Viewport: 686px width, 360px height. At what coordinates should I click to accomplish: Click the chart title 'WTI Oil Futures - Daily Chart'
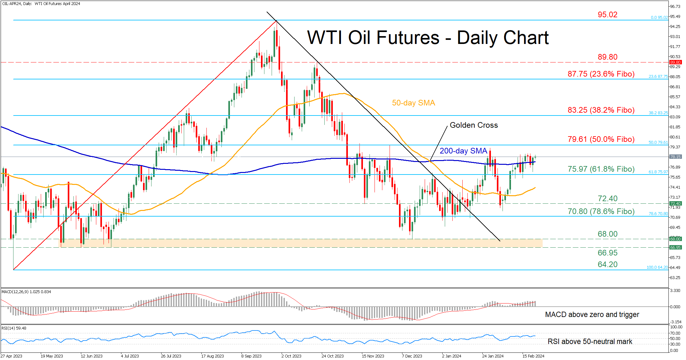(428, 38)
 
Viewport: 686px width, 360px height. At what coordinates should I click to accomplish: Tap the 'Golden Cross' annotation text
(474, 125)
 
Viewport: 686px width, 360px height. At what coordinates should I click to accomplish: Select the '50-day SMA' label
(413, 103)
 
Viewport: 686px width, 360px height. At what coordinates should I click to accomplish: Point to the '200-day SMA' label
(463, 151)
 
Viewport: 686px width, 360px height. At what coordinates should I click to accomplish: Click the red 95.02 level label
(607, 15)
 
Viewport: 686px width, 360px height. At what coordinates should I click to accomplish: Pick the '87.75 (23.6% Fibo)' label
(601, 74)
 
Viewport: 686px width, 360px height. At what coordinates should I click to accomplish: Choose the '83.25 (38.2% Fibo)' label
(601, 110)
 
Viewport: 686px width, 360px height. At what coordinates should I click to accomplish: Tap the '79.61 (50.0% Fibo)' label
(601, 139)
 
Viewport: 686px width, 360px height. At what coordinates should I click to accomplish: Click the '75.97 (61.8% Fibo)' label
(601, 169)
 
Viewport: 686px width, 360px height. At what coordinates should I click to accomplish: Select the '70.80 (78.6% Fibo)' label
(601, 212)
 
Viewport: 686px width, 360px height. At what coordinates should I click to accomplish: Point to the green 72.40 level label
(607, 199)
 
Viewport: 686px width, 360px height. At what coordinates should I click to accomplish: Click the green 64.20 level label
(607, 265)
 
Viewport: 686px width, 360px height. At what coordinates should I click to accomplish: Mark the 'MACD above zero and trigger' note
(592, 314)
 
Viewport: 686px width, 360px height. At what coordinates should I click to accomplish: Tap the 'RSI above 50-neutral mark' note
(590, 341)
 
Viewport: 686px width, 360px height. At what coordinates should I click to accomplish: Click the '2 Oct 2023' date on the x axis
(291, 356)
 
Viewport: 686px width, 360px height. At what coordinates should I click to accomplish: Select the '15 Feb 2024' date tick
(533, 356)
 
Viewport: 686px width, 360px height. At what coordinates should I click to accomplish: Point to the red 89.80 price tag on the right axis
(675, 62)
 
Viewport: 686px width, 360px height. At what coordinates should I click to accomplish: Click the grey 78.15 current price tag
(675, 157)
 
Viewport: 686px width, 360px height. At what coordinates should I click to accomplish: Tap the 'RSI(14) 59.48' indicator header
(14, 328)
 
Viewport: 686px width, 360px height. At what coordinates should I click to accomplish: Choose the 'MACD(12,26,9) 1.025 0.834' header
(26, 292)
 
